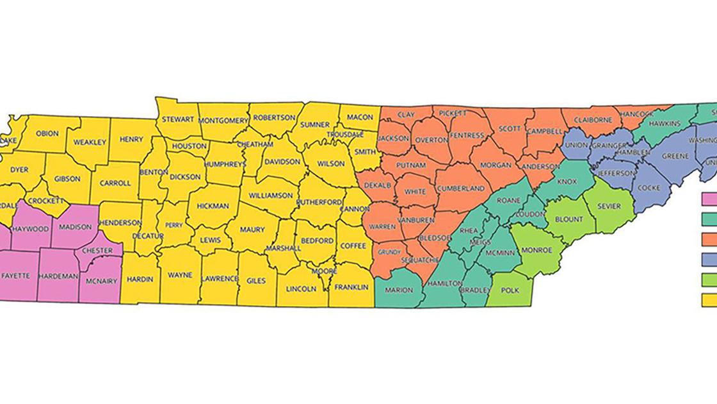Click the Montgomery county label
click(x=223, y=121)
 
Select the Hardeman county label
click(x=58, y=276)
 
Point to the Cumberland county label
click(x=461, y=189)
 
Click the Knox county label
click(x=567, y=181)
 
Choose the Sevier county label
click(x=608, y=206)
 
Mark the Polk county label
click(x=510, y=290)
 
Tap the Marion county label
click(x=399, y=290)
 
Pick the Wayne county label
click(x=180, y=275)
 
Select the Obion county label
click(x=47, y=133)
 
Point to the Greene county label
click(x=675, y=156)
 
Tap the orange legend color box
click(x=709, y=239)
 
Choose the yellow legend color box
click(x=709, y=299)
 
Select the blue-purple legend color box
click(x=709, y=259)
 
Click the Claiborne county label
click(x=593, y=119)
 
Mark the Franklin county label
click(x=351, y=288)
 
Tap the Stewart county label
click(x=177, y=119)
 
